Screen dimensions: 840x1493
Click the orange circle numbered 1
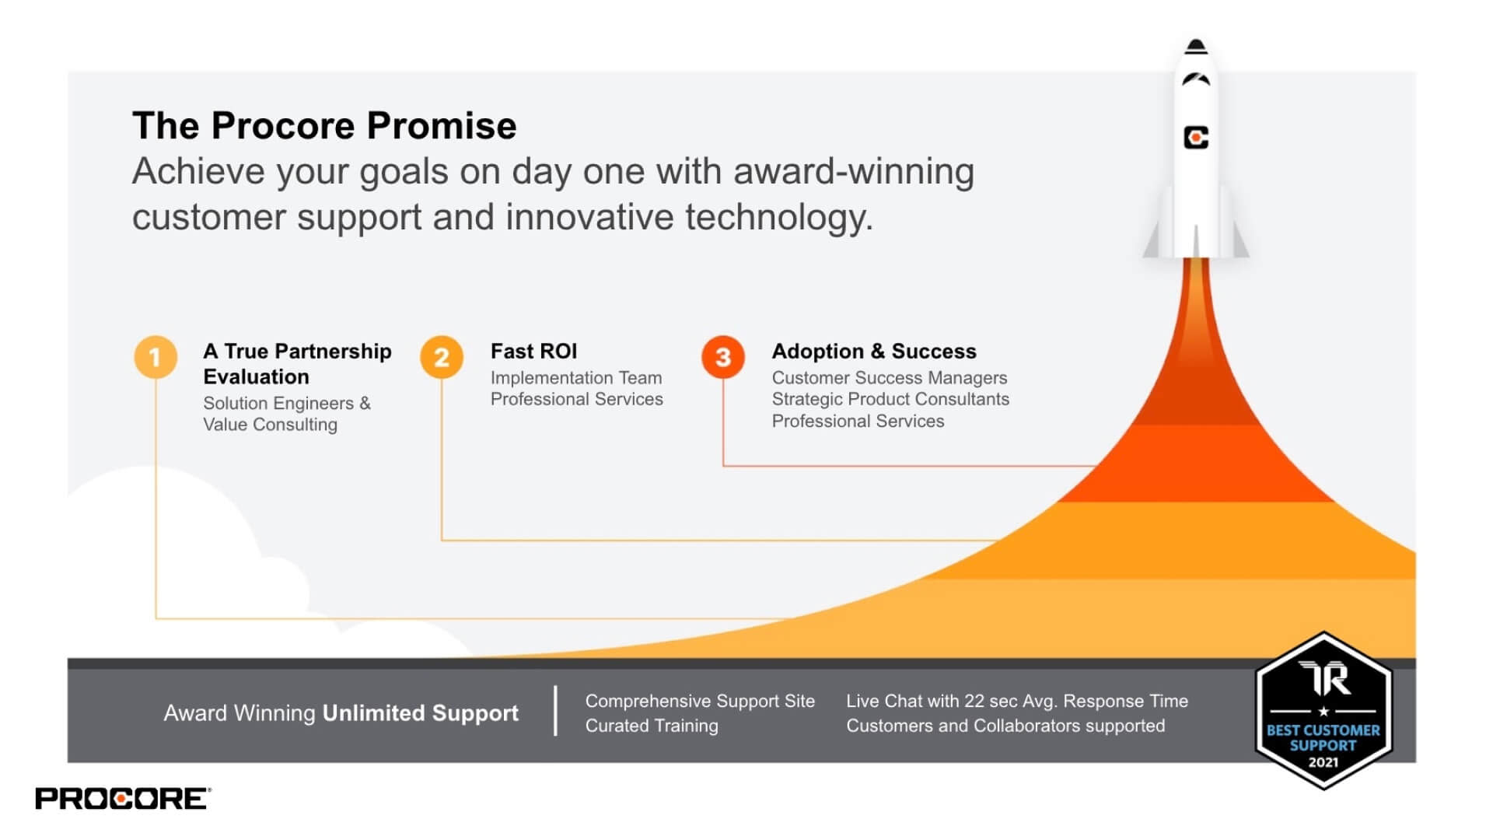[156, 357]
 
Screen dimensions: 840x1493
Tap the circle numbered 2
[442, 357]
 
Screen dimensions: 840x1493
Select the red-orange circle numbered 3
[723, 357]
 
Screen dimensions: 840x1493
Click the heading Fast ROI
[533, 352]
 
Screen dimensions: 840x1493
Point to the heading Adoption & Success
[873, 352]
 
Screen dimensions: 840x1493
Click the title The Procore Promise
[324, 126]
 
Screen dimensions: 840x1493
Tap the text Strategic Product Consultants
[890, 399]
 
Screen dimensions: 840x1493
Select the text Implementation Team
[575, 378]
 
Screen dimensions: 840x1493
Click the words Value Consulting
[270, 425]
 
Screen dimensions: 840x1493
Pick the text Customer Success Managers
[889, 378]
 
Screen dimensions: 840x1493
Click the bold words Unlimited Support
[420, 713]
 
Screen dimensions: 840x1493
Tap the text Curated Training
[652, 726]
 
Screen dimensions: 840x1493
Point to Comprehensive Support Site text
[700, 701]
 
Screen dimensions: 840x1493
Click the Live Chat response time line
[1016, 701]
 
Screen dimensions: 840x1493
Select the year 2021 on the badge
[1323, 762]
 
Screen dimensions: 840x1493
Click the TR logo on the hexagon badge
[1325, 679]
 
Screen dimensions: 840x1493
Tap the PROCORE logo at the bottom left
[122, 799]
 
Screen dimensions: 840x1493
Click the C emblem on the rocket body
[1196, 138]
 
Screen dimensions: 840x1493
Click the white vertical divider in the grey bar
[555, 711]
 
